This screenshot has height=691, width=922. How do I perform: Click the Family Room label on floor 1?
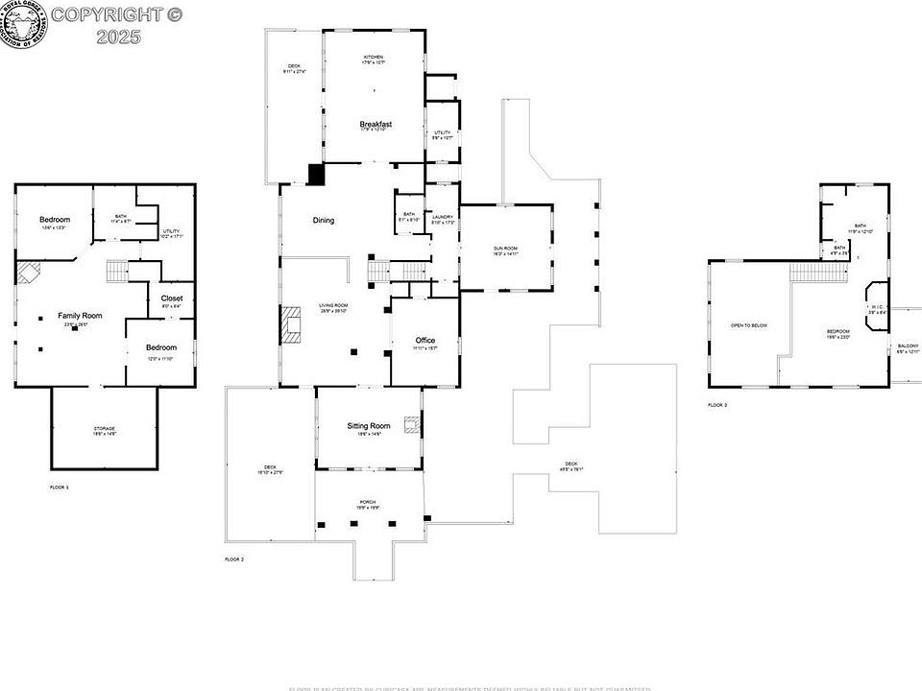pyautogui.click(x=80, y=316)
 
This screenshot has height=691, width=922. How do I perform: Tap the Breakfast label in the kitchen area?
pyautogui.click(x=376, y=125)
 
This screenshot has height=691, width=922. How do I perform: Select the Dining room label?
pyautogui.click(x=324, y=221)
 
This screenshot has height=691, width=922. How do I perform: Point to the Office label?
pyautogui.click(x=425, y=341)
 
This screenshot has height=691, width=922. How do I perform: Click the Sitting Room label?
pyautogui.click(x=369, y=425)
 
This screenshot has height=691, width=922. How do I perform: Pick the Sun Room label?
pyautogui.click(x=505, y=250)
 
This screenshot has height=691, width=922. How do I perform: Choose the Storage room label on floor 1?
pyautogui.click(x=105, y=428)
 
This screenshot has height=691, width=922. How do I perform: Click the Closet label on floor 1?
pyautogui.click(x=172, y=298)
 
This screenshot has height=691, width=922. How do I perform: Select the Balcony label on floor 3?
pyautogui.click(x=908, y=346)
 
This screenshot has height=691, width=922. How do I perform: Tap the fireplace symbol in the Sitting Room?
pyautogui.click(x=412, y=425)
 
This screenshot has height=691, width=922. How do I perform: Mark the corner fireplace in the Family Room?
pyautogui.click(x=28, y=274)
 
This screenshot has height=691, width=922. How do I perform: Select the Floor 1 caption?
pyautogui.click(x=60, y=488)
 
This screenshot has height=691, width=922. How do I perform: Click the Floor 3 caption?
pyautogui.click(x=717, y=406)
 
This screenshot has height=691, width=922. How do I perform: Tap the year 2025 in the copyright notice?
pyautogui.click(x=119, y=36)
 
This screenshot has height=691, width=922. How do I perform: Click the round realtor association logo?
pyautogui.click(x=23, y=26)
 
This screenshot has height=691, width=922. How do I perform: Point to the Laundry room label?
pyautogui.click(x=443, y=218)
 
